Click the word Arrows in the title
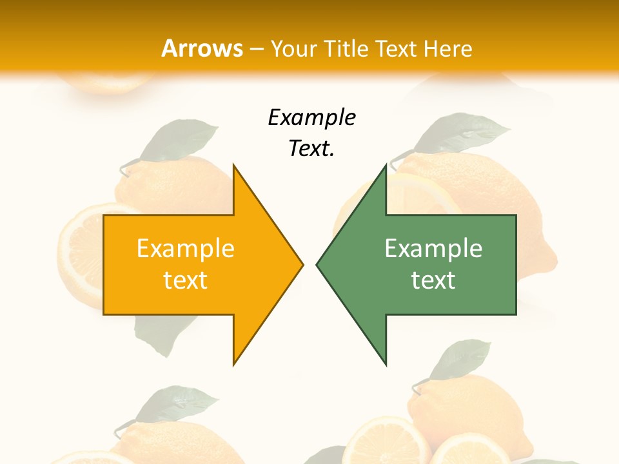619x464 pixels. [x=202, y=48]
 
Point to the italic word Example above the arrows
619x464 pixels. [x=311, y=117]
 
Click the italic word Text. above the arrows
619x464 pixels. [x=311, y=149]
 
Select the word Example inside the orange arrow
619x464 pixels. [x=186, y=249]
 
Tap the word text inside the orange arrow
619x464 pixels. [x=186, y=280]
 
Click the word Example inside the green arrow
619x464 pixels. [x=433, y=249]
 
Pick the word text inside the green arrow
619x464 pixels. [x=433, y=280]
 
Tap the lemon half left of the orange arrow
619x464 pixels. [x=80, y=251]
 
